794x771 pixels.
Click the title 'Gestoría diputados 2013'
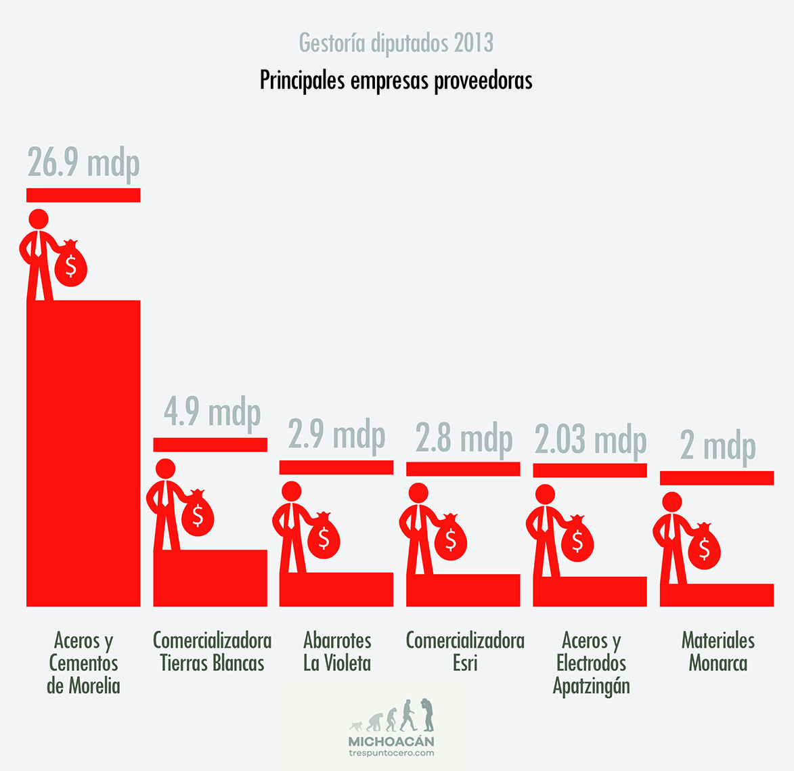click(396, 43)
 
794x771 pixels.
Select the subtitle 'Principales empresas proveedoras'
click(396, 81)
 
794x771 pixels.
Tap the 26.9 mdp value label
click(83, 164)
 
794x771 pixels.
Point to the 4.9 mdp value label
click(212, 412)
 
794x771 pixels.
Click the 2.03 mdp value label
click(590, 440)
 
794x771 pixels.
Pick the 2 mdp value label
click(718, 447)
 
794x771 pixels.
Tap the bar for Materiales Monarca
click(717, 594)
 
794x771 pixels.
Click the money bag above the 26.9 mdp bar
click(70, 265)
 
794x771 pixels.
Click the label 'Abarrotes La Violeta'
click(337, 651)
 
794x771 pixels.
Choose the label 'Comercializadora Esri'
click(465, 651)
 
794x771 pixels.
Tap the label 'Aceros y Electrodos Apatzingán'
click(591, 663)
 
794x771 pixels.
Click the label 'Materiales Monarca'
click(718, 651)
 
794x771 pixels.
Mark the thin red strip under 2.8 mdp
click(463, 468)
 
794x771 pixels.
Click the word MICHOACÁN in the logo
click(391, 741)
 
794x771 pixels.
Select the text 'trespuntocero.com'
click(391, 753)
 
